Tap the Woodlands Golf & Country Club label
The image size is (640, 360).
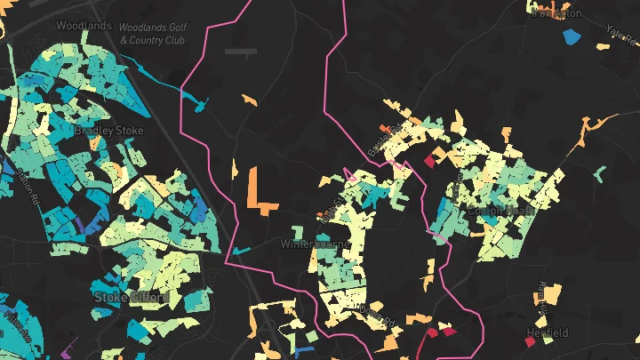(151, 35)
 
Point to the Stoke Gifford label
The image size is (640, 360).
(131, 297)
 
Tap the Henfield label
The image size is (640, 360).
(547, 333)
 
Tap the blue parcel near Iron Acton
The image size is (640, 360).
(571, 37)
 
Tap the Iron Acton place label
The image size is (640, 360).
(556, 12)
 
